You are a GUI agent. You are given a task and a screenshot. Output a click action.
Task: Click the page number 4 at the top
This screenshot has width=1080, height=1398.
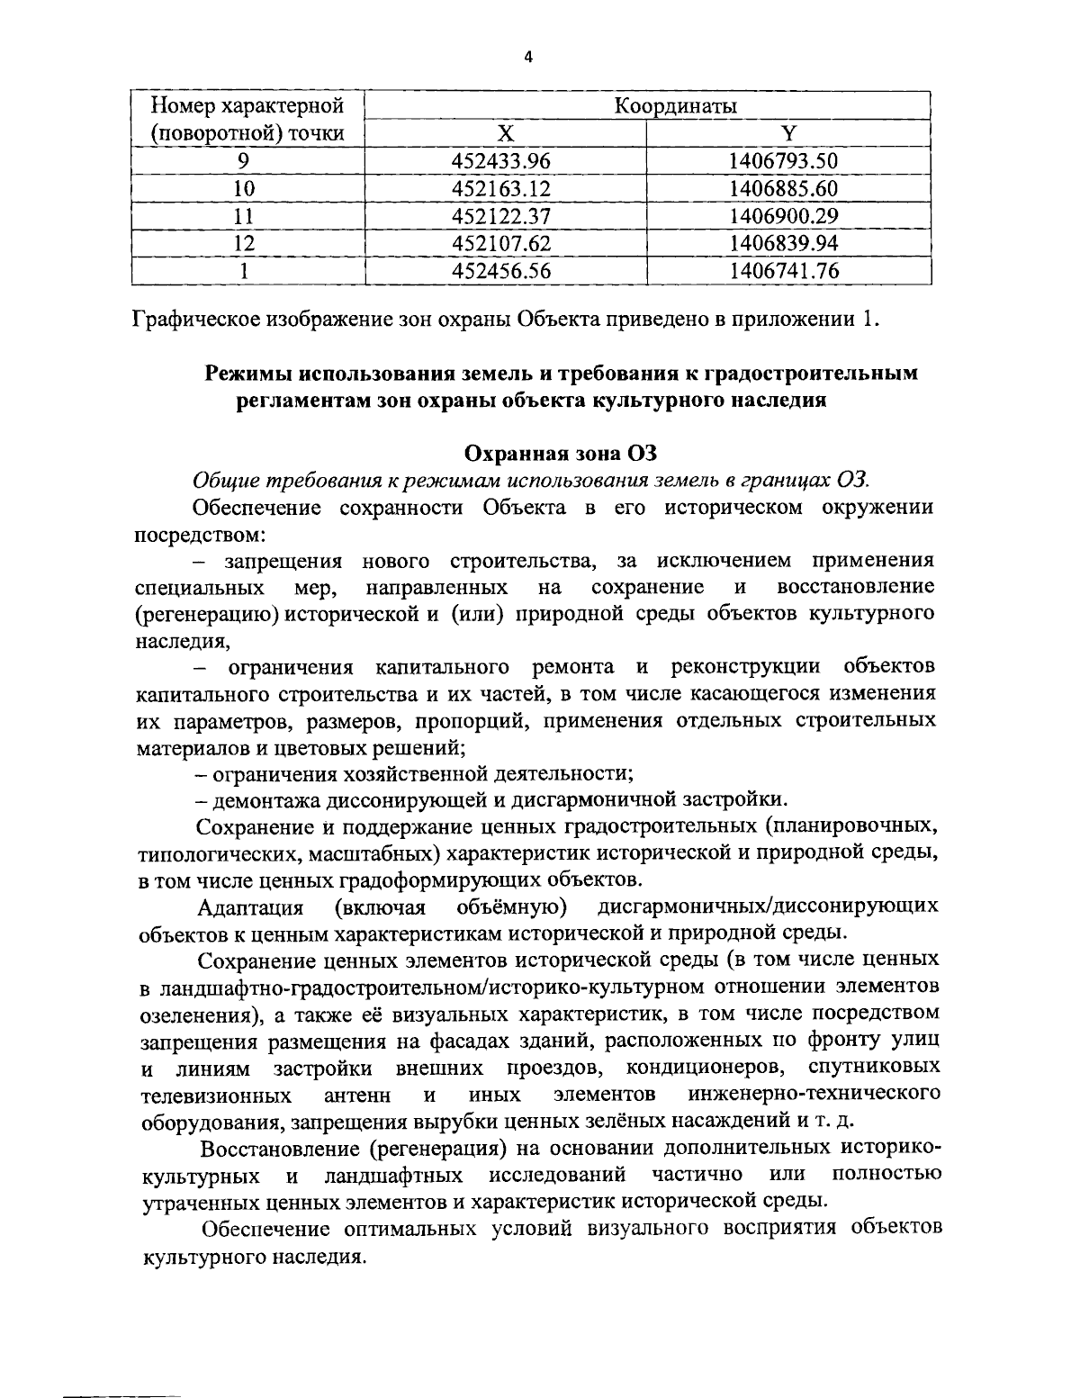[528, 57]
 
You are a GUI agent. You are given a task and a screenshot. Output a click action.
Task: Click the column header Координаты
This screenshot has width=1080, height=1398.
[675, 106]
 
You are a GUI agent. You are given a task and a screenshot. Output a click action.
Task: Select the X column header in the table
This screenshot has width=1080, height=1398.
[506, 134]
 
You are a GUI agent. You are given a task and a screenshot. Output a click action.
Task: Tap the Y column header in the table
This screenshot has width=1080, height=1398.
[788, 134]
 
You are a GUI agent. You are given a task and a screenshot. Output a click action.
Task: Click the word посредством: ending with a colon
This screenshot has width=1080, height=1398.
[199, 534]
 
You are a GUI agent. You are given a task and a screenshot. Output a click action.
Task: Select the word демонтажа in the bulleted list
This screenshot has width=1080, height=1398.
[255, 798]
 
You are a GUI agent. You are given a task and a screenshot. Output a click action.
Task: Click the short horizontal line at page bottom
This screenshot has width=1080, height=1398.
[121, 1395]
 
